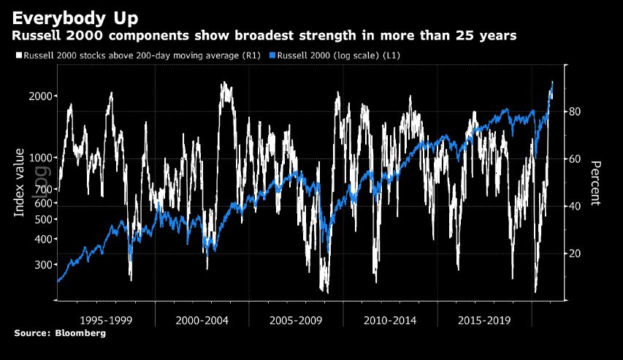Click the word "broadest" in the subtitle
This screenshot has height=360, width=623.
pos(253,36)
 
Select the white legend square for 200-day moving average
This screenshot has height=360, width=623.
pos(18,55)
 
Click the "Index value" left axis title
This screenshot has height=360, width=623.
pos(20,182)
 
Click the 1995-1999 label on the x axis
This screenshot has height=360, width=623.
pos(107,320)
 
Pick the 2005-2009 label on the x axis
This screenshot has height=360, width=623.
pos(296,320)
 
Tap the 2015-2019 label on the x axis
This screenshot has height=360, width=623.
pos(484,320)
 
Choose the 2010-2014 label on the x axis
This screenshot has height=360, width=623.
pos(390,320)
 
